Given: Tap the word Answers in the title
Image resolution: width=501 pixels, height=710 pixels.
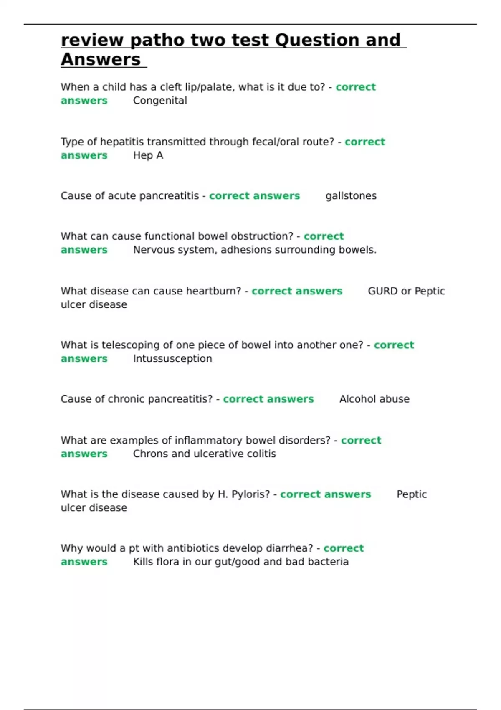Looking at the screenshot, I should click(101, 60).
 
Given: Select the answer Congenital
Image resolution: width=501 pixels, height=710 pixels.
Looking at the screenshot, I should click(160, 101).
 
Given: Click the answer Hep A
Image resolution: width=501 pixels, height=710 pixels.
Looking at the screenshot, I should click(148, 155).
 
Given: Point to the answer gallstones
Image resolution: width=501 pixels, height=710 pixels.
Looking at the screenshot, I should click(351, 196).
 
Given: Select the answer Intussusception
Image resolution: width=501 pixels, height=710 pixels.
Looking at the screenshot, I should click(172, 359).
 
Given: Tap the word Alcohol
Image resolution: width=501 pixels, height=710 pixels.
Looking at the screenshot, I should click(356, 399).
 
